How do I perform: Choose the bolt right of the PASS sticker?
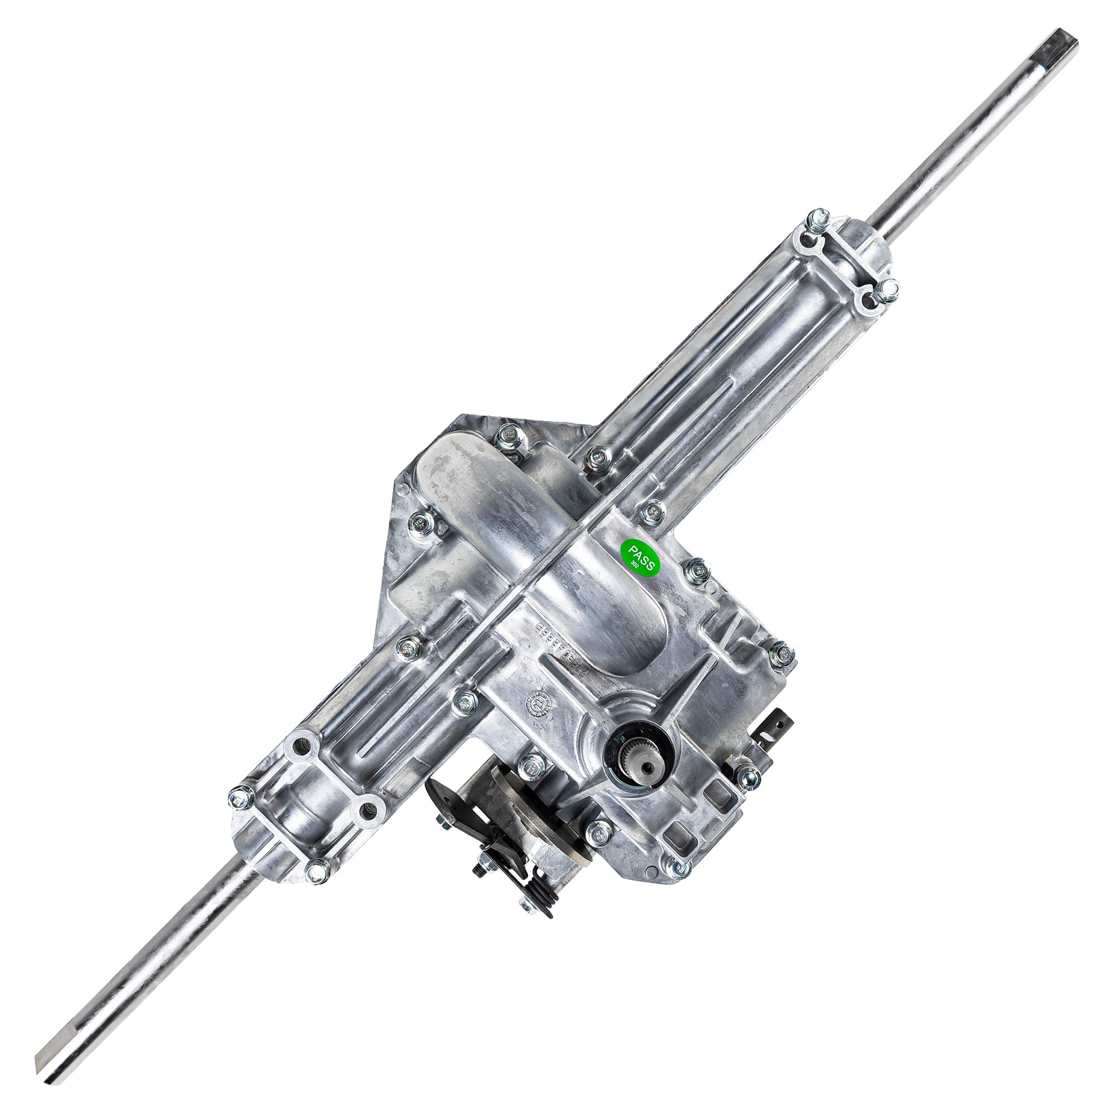pos(695,571)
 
